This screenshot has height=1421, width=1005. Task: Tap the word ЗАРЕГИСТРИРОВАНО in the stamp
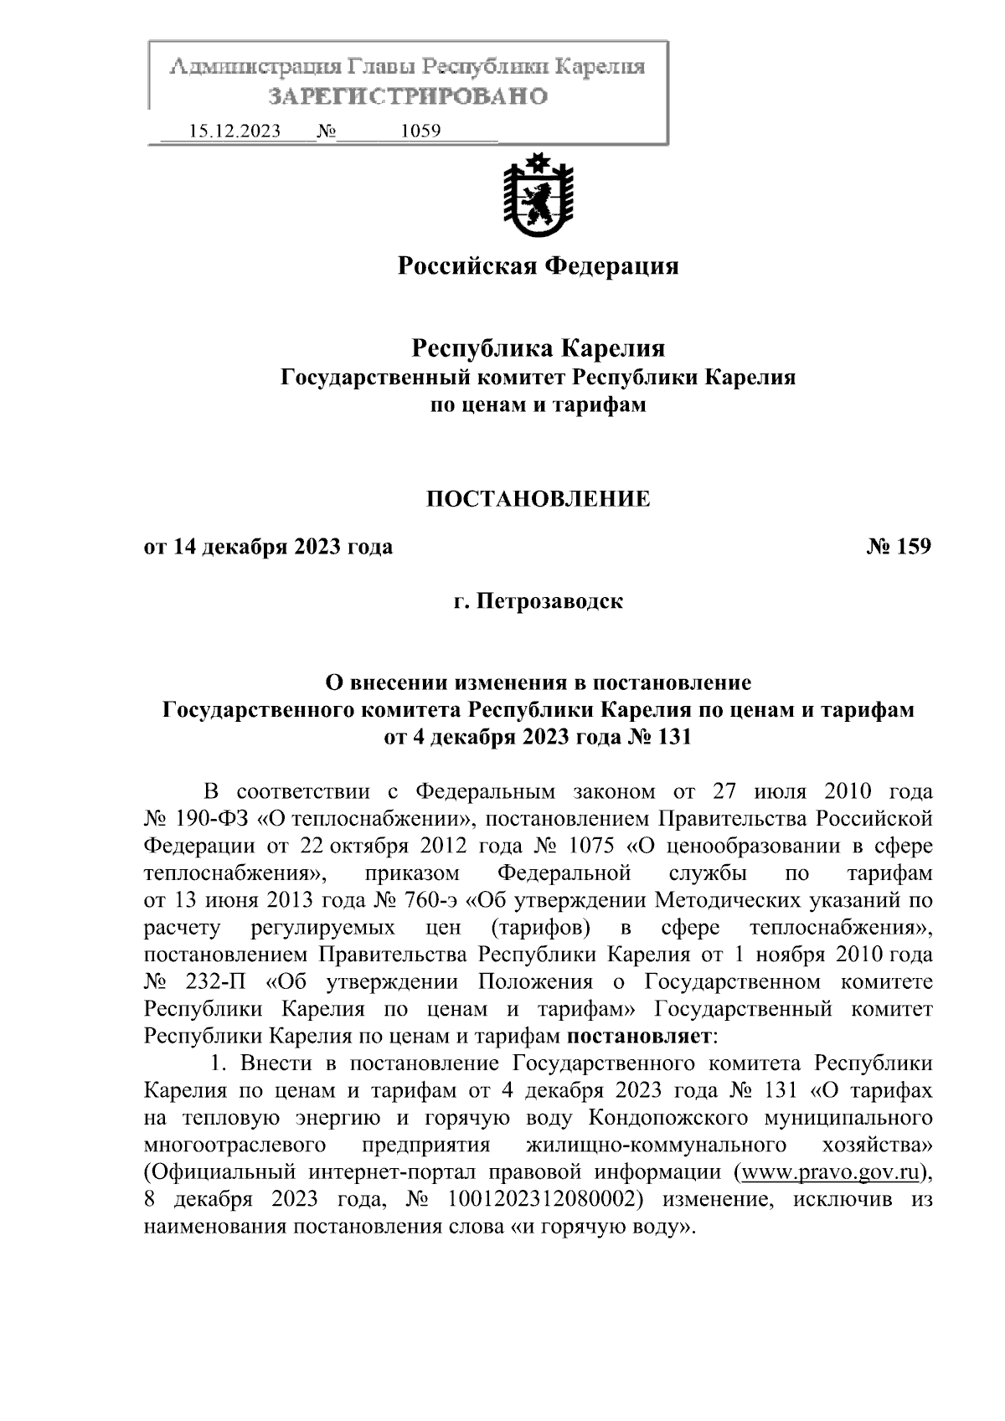click(408, 96)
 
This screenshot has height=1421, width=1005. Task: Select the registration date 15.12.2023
click(235, 131)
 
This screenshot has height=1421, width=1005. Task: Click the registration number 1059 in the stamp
click(421, 131)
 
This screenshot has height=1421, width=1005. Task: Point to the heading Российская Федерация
click(537, 266)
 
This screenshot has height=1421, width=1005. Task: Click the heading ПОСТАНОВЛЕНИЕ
click(538, 499)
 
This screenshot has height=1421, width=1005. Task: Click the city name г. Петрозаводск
click(538, 601)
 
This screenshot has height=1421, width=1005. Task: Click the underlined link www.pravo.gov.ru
click(829, 1171)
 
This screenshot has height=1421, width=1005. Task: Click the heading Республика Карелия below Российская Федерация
click(538, 347)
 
